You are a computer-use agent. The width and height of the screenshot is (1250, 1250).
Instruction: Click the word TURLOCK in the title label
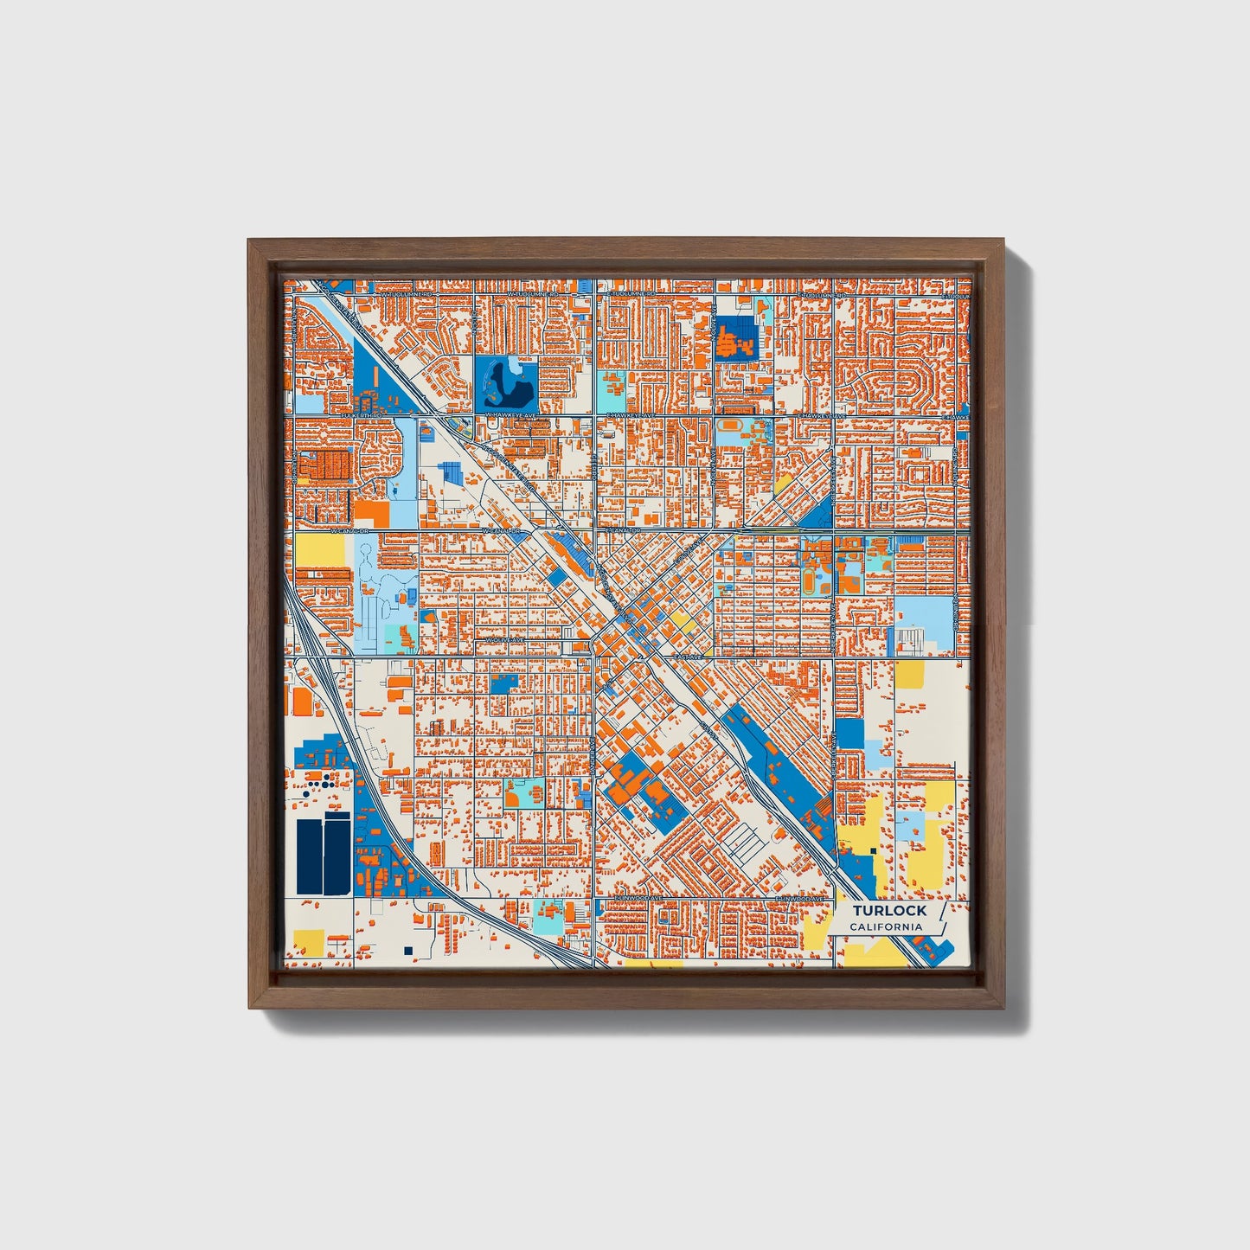click(888, 910)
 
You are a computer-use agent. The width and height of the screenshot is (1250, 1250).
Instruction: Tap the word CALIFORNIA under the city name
click(885, 927)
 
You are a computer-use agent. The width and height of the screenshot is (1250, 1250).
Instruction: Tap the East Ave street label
click(690, 657)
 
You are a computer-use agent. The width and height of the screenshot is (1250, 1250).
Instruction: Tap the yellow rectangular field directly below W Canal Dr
click(319, 550)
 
